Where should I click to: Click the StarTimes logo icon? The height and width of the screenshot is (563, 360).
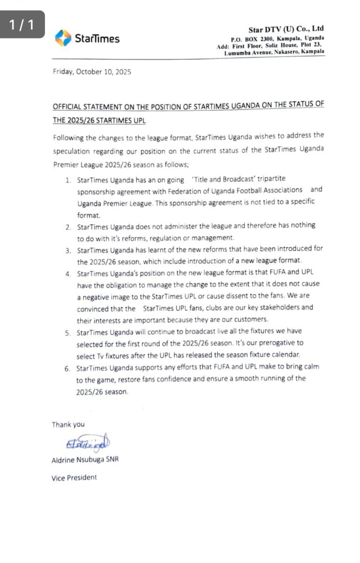coord(63,38)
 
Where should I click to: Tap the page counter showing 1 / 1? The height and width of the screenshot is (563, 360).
coord(22,24)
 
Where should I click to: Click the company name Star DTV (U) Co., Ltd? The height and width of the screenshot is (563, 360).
coord(286,29)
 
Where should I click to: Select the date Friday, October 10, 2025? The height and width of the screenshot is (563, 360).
coord(92,72)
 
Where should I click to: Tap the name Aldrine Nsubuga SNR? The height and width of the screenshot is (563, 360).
coord(85,460)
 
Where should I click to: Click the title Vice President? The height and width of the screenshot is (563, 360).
coord(74,478)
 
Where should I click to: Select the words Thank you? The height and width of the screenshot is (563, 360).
coord(68,425)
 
